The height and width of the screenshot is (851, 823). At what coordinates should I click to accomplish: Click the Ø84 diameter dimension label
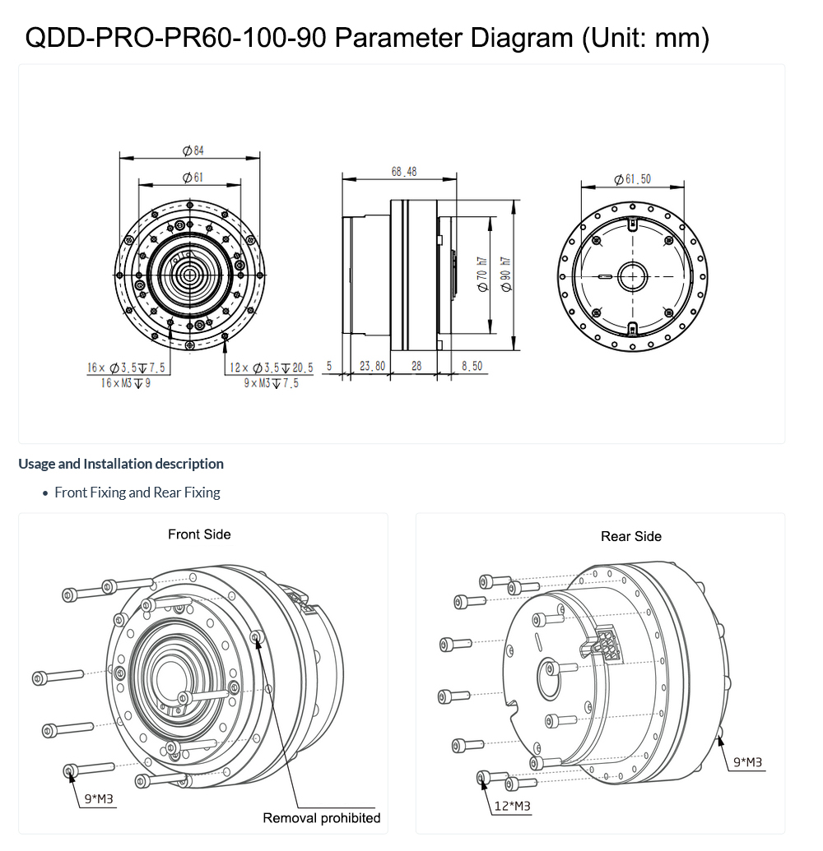click(x=193, y=150)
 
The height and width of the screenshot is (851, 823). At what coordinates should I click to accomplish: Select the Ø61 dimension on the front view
click(x=193, y=177)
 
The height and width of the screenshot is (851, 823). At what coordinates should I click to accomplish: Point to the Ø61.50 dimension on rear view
click(x=632, y=178)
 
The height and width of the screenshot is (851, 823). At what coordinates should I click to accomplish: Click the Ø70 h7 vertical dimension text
click(x=483, y=272)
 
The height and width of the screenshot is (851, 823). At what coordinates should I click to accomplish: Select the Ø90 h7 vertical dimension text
click(x=506, y=272)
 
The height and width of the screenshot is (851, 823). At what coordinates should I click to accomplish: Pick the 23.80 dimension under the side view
click(x=372, y=366)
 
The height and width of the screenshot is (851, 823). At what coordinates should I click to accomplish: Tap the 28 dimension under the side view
click(x=416, y=366)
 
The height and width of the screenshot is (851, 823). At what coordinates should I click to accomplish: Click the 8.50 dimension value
click(x=472, y=366)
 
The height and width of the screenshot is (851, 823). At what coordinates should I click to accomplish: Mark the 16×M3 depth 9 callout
click(x=126, y=383)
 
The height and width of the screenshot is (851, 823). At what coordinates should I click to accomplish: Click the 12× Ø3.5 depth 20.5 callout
click(x=271, y=368)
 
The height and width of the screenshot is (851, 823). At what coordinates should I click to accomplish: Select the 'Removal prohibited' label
click(x=321, y=817)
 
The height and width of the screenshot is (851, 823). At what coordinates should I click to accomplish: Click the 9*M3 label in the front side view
click(x=99, y=798)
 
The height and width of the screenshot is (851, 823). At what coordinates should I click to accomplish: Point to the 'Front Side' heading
click(x=199, y=534)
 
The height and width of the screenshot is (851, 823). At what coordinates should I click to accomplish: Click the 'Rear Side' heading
click(x=631, y=536)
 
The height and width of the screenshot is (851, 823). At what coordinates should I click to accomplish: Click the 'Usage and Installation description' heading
click(x=121, y=464)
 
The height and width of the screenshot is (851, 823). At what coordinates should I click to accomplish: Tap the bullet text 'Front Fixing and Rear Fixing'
click(x=137, y=493)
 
